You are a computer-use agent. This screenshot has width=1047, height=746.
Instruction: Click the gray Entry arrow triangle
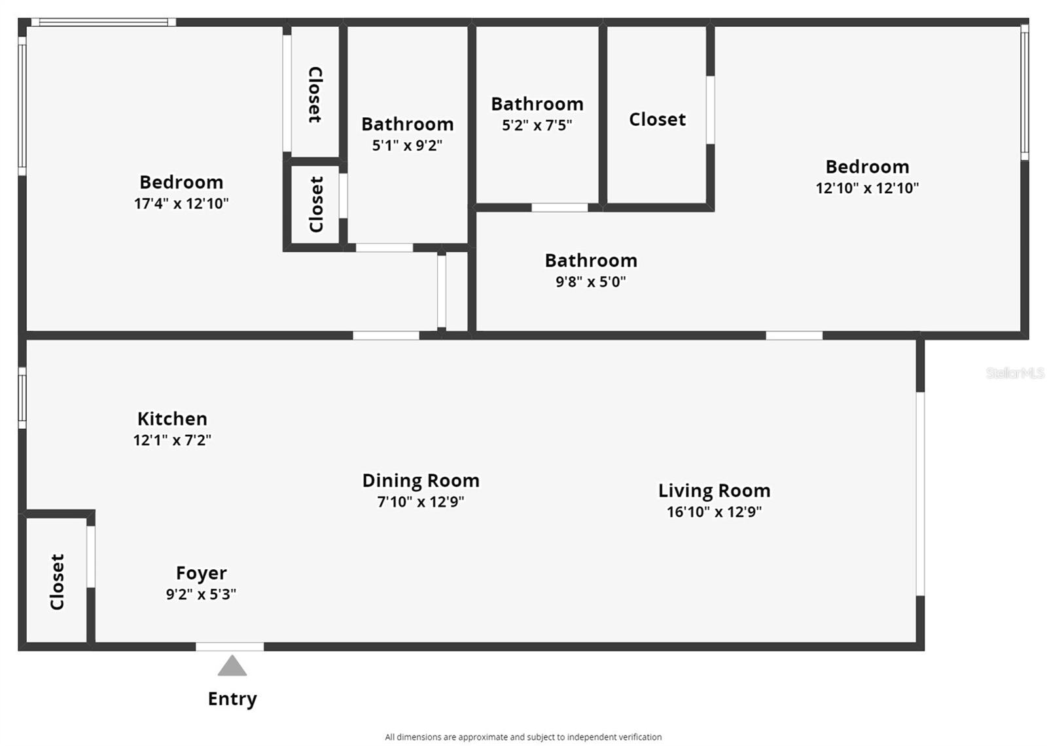click(232, 666)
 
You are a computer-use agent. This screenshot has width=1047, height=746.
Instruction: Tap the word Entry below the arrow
click(232, 699)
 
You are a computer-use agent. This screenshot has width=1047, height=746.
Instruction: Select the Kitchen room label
click(172, 419)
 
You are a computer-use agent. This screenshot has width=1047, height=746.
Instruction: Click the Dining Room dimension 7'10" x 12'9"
click(421, 502)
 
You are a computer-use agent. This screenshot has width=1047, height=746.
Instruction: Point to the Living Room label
click(714, 491)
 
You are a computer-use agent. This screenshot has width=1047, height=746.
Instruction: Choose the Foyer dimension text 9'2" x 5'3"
click(201, 594)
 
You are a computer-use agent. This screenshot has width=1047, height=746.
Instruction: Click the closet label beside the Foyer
click(57, 582)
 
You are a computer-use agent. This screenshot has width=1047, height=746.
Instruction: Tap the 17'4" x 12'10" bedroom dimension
click(181, 204)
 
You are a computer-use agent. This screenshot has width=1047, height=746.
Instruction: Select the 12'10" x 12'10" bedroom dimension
click(867, 188)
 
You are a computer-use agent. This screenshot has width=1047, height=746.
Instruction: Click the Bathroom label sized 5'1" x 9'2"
click(408, 124)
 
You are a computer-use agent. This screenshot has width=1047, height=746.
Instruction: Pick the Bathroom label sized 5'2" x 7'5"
click(537, 104)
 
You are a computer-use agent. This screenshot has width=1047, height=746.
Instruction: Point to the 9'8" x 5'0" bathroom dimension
click(591, 282)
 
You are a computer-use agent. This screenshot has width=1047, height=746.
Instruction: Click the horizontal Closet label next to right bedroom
click(657, 119)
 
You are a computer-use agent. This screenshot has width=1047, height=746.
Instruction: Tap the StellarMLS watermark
click(1015, 373)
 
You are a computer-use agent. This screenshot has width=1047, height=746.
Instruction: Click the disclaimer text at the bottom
click(523, 737)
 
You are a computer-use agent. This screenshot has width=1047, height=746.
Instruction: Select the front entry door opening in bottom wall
click(230, 647)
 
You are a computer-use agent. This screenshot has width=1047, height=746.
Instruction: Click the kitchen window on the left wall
click(22, 398)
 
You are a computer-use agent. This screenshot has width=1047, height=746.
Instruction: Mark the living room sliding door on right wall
click(920, 494)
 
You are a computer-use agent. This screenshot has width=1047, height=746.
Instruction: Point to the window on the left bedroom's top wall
click(103, 22)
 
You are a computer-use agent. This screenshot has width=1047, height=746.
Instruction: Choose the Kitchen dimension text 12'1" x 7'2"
click(172, 440)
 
